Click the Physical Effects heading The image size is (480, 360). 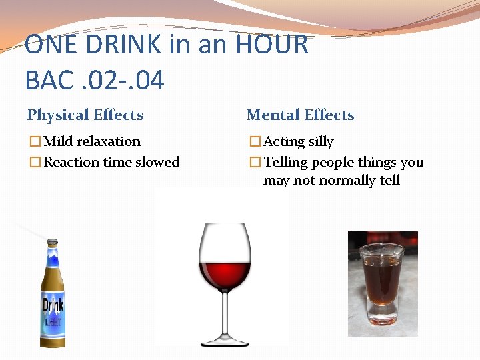[85, 115]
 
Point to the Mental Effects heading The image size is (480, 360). [300, 115]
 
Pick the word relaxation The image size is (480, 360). [109, 142]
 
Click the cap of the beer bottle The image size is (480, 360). [52, 242]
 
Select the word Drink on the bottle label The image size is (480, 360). [53, 307]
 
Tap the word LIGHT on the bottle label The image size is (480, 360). [53, 323]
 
